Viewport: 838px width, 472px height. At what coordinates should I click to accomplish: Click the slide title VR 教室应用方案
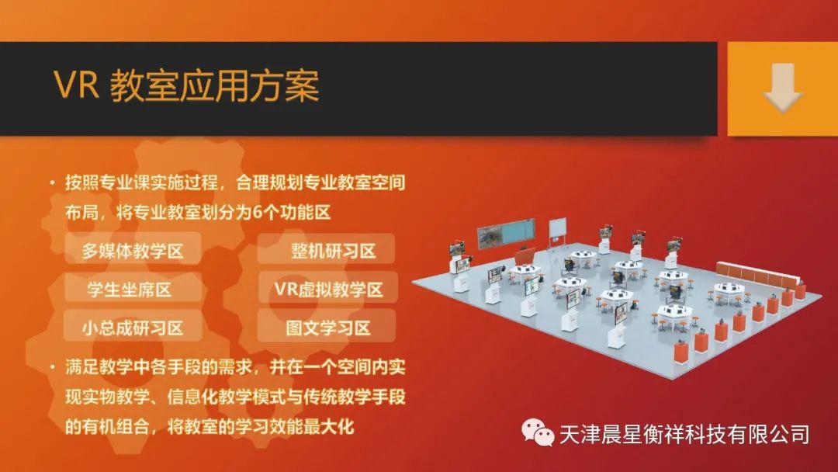pyautogui.click(x=186, y=85)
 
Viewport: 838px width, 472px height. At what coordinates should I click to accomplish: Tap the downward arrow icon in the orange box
pyautogui.click(x=782, y=88)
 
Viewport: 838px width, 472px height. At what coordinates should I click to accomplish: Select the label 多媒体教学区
pyautogui.click(x=133, y=251)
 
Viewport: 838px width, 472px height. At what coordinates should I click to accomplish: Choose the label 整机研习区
pyautogui.click(x=334, y=251)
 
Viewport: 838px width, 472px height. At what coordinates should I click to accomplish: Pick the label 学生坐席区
pyautogui.click(x=130, y=290)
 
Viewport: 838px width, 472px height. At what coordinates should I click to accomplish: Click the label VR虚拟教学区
pyautogui.click(x=329, y=290)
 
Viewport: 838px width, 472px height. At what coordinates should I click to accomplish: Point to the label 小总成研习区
pyautogui.click(x=133, y=328)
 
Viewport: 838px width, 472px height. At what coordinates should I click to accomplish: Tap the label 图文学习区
pyautogui.click(x=328, y=328)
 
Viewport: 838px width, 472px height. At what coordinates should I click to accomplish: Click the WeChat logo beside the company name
pyautogui.click(x=538, y=432)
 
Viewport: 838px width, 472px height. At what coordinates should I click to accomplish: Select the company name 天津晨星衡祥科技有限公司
pyautogui.click(x=684, y=434)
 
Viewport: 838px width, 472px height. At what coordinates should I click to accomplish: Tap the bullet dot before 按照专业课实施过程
pyautogui.click(x=53, y=182)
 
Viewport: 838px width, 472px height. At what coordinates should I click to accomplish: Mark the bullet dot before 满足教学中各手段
pyautogui.click(x=53, y=367)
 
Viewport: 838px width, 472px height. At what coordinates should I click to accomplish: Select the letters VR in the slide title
pyautogui.click(x=76, y=85)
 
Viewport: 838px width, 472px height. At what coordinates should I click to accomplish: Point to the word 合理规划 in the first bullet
pyautogui.click(x=268, y=182)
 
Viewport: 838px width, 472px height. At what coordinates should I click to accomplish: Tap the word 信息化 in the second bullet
pyautogui.click(x=192, y=397)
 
